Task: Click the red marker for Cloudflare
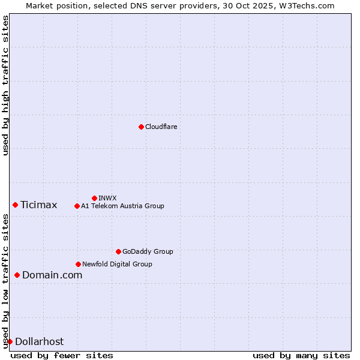pos(141,127)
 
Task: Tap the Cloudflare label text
pos(161,127)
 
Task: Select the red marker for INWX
pos(94,198)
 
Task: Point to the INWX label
pos(107,198)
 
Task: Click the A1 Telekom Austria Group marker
pos(77,206)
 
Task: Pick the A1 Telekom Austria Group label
pos(122,206)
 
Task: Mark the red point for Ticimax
pos(15,205)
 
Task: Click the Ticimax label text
pos(38,205)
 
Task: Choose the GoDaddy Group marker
pos(118,251)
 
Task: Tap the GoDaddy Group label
pos(148,251)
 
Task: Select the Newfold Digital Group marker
pos(78,264)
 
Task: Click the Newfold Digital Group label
pos(117,264)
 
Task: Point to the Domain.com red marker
pos(17,275)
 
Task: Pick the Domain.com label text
pos(52,275)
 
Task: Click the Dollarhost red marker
pos(10,341)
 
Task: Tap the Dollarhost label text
pos(39,341)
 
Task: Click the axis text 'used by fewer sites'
pos(62,355)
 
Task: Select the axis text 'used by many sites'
pos(301,355)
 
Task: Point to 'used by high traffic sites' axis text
pos(6,85)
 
